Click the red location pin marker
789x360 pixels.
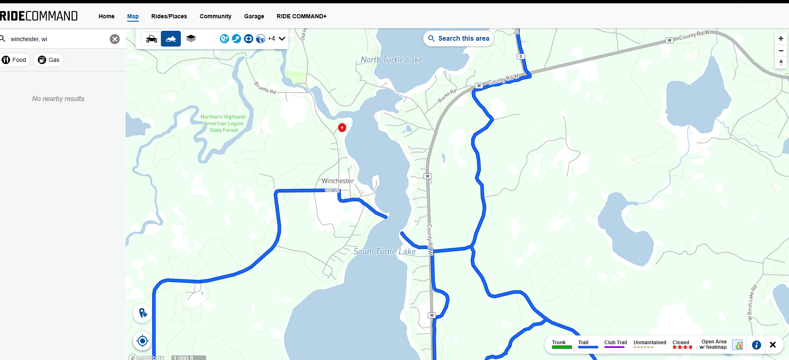[x=342, y=128]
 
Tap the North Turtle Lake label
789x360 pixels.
[x=392, y=60]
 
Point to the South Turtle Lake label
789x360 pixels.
[x=385, y=252]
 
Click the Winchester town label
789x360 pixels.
[x=338, y=181]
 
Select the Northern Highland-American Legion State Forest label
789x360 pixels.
[x=224, y=123]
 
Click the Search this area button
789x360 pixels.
[x=459, y=39]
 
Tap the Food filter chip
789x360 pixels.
[x=15, y=60]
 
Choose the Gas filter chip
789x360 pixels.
[x=49, y=60]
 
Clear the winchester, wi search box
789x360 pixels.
[x=115, y=39]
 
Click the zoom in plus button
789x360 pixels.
[x=781, y=39]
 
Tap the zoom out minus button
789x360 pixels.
[x=781, y=51]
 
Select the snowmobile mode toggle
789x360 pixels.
[x=171, y=39]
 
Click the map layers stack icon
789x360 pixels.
[x=191, y=39]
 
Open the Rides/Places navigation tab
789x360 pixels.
[x=169, y=16]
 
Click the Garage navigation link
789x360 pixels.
[x=254, y=16]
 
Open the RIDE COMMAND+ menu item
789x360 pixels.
[x=301, y=16]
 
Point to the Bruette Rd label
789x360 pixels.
[x=265, y=88]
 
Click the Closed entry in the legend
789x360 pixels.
[x=682, y=344]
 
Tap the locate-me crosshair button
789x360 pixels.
[x=142, y=341]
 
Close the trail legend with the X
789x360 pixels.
[x=773, y=345]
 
